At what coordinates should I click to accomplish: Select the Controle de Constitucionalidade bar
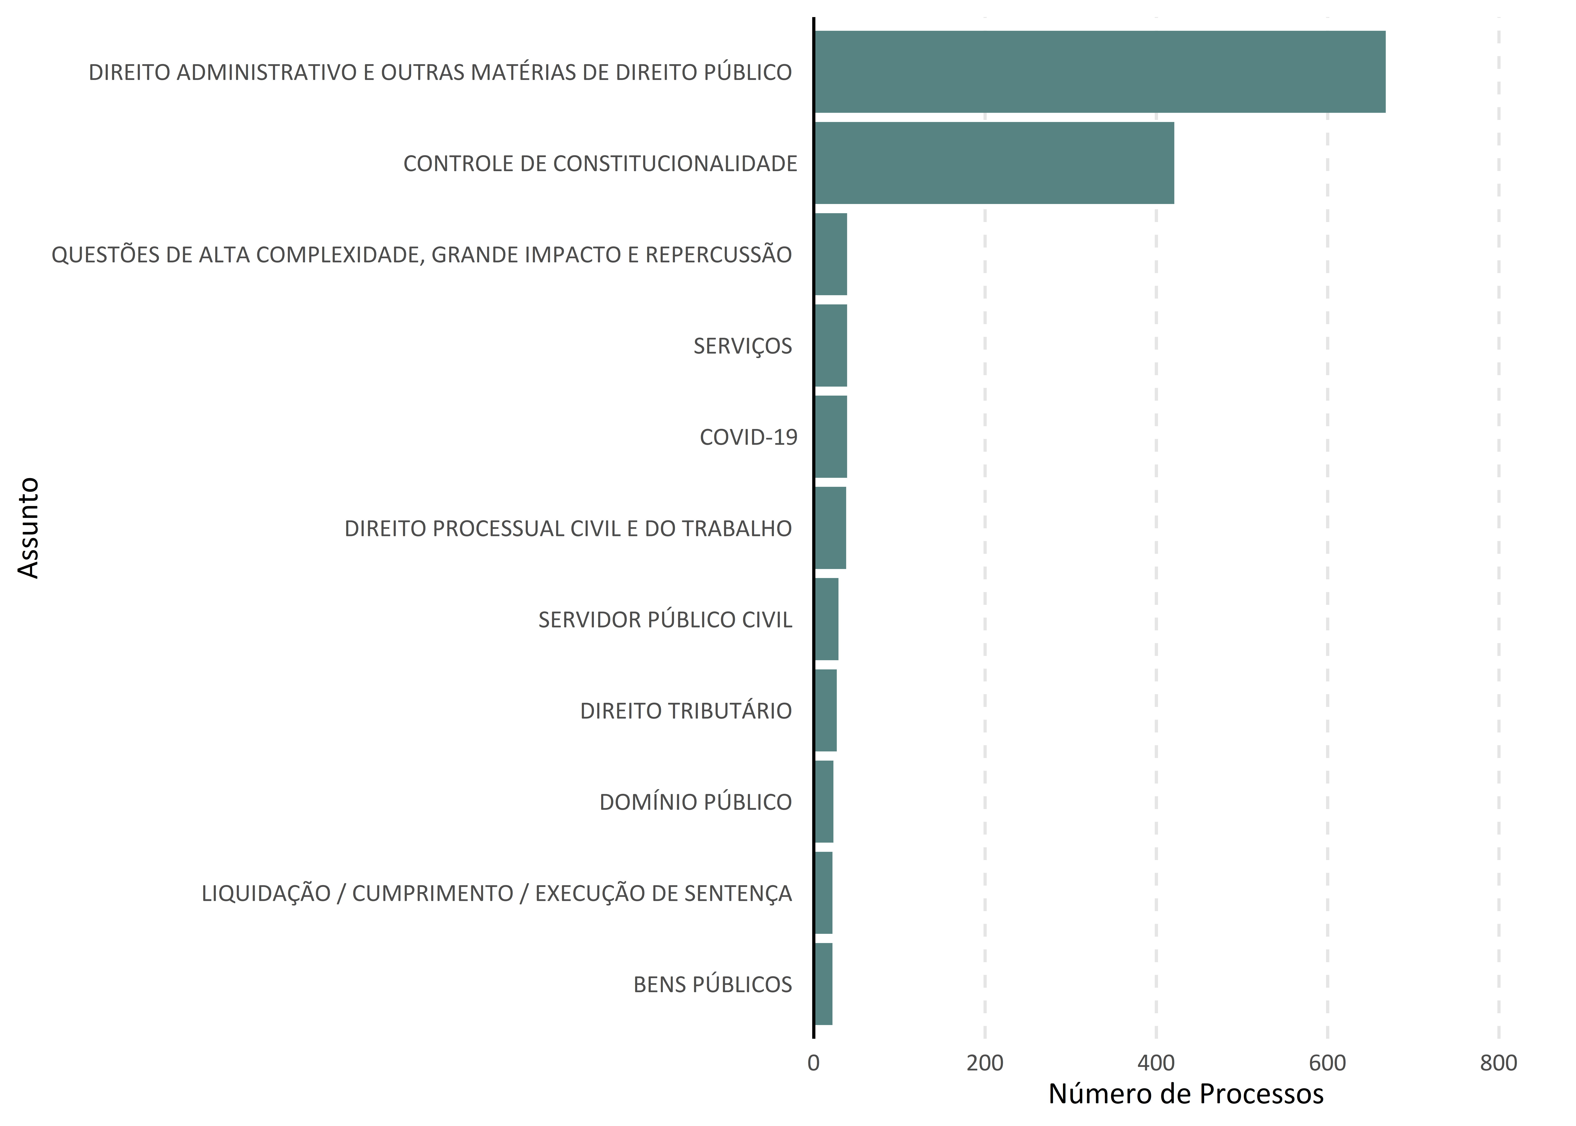pos(995,163)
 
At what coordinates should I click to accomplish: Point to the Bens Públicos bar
pos(823,984)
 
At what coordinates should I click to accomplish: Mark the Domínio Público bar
pos(824,802)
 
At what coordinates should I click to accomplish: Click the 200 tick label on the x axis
pos(985,1063)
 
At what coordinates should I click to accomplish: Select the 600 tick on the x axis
pos(1327,1063)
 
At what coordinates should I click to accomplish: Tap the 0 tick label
pos(814,1063)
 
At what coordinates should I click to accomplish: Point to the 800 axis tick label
pos(1498,1063)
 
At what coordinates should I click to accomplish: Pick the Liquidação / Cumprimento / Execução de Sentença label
pos(496,893)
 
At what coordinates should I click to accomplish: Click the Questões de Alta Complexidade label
pos(421,254)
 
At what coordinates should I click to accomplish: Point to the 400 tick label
pos(1156,1063)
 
